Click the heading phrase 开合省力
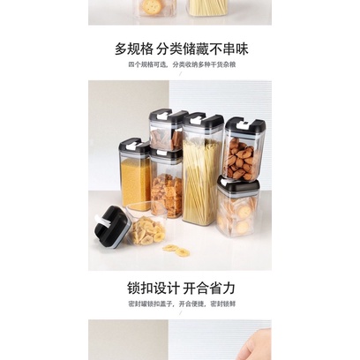tap(216, 288)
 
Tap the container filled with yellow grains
tap(134, 181)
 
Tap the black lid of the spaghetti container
tap(203, 120)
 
